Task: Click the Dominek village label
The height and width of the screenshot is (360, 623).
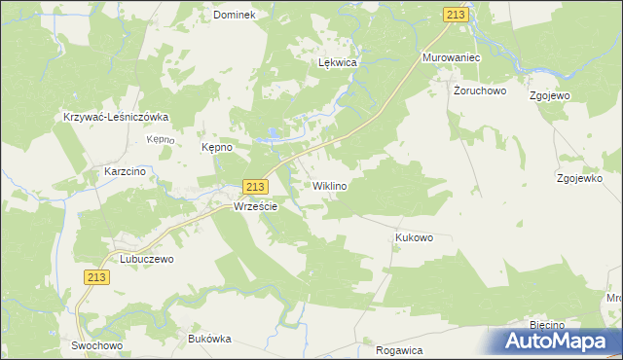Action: [234, 16]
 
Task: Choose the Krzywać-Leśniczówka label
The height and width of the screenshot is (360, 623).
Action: [116, 117]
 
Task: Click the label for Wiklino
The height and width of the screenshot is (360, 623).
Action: [330, 185]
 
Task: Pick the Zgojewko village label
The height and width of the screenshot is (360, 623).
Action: [583, 179]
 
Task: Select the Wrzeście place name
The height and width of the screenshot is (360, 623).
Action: [256, 207]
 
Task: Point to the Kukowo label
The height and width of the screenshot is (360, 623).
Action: [414, 237]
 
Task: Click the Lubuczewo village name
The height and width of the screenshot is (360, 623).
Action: [146, 260]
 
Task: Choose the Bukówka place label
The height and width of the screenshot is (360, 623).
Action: [208, 339]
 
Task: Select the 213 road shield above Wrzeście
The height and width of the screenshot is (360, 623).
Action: [254, 187]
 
